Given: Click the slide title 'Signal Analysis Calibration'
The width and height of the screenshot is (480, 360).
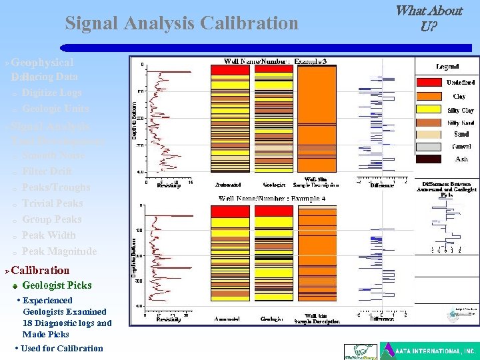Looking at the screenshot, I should [181, 24].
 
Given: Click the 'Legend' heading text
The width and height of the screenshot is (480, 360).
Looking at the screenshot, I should [447, 67].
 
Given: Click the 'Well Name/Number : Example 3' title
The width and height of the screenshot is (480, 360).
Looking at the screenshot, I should [275, 61].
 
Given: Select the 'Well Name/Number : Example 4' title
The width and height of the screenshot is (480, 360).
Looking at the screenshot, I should [272, 199].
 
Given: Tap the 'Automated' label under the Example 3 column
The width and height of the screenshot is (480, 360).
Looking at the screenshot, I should [228, 185].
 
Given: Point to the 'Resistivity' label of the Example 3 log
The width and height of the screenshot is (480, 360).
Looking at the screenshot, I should [169, 185].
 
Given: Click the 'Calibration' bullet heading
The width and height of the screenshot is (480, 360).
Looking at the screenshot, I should [40, 270].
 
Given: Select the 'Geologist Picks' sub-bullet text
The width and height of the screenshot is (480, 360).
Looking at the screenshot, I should [57, 285].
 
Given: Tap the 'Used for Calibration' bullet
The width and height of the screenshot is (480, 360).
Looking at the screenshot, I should [61, 348].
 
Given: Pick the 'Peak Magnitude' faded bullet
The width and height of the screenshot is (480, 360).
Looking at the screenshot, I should [59, 251].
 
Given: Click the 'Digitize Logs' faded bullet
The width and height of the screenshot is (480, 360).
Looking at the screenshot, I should [51, 93].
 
